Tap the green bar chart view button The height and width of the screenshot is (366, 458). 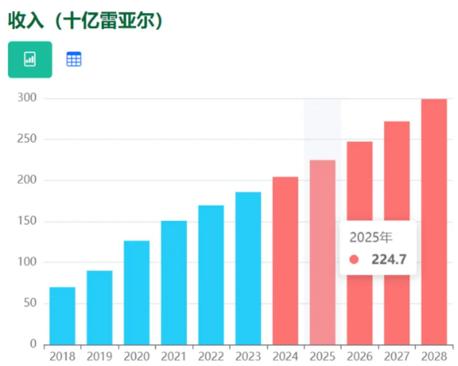coord(30,59)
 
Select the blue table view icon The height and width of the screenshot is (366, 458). coord(74,59)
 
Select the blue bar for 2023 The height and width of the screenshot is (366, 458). coord(248,268)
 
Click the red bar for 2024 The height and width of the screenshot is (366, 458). coord(285,260)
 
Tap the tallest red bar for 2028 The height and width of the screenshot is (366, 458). coord(434,221)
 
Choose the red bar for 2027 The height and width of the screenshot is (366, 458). coord(396,232)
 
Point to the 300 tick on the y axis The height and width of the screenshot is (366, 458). coord(27,98)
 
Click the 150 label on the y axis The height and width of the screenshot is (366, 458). coord(27,221)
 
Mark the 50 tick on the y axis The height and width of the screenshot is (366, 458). coord(29,303)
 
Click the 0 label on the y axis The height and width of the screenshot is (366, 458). coord(33,344)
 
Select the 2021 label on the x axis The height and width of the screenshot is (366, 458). coord(173,356)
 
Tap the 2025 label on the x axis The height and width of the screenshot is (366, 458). coord(322,356)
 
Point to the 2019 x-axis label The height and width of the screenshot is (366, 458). coord(99,356)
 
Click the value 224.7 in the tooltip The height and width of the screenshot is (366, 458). coord(389,260)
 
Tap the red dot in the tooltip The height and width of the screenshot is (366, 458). coord(354,260)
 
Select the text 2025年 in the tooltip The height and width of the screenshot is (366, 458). coord(371,237)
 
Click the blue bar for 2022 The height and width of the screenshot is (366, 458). coord(211,274)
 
